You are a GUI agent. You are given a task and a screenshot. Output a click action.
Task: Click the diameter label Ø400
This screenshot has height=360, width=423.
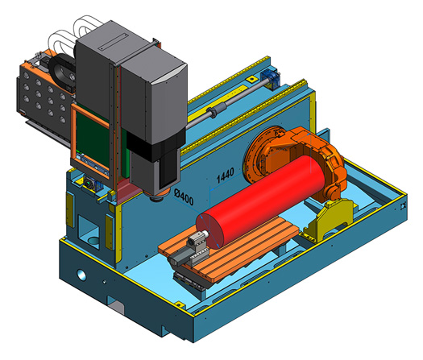tap(184, 197)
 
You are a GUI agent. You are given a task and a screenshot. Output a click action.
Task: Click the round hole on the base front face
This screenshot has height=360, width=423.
tap(81, 275)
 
